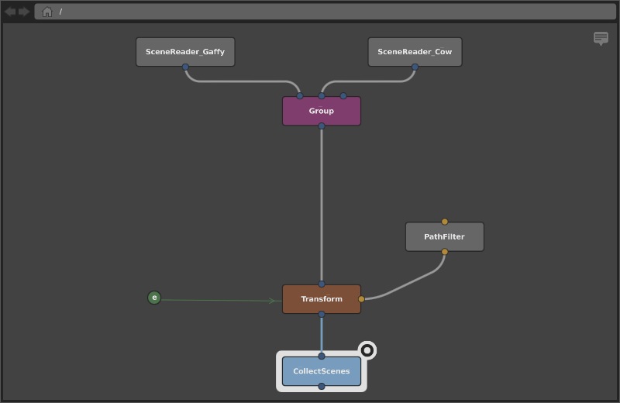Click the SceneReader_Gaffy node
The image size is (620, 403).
point(185,52)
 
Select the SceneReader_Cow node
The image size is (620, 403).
point(415,52)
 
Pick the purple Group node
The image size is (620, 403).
point(322,111)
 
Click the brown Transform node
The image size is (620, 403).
point(322,299)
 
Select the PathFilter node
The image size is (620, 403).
point(444,236)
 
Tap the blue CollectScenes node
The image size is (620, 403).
point(322,371)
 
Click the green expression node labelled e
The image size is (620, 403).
point(154,298)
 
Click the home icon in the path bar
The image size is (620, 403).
point(47,12)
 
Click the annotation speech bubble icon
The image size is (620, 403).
point(601,39)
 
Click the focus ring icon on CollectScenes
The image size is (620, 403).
point(367,350)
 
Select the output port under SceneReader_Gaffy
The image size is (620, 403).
point(185,67)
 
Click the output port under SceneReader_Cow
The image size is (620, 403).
point(415,67)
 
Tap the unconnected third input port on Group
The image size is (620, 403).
point(343,95)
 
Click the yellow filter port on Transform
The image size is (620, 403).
point(361,299)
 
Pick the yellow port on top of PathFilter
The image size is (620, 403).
point(444,222)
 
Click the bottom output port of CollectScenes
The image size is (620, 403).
point(322,387)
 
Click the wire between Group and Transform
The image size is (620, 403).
point(322,205)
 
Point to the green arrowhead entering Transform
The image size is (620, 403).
point(273,301)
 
